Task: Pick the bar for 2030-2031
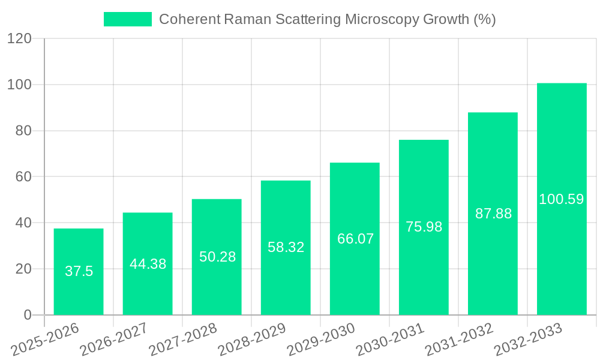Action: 424,264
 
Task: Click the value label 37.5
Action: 79,271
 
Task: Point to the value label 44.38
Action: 148,264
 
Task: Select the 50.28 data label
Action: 217,257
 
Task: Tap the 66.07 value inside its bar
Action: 355,239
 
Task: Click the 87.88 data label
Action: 493,214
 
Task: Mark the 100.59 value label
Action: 562,199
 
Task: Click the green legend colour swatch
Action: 127,19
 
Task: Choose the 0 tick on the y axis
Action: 27,315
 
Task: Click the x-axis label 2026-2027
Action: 114,339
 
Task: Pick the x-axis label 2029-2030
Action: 321,339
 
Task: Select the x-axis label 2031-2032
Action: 459,339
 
